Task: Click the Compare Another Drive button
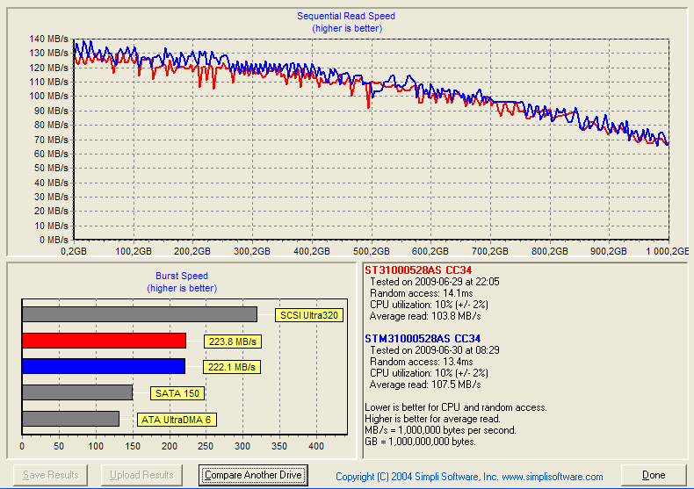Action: pos(253,475)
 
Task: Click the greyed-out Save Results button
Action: pos(50,475)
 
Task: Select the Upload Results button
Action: pos(141,475)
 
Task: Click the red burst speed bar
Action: pos(104,341)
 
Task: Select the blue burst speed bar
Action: pos(104,366)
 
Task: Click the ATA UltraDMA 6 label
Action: pos(176,420)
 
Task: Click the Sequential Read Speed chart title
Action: pos(346,16)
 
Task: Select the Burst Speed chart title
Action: pos(182,276)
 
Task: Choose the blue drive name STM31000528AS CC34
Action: pos(423,338)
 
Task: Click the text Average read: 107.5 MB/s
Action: pos(425,385)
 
